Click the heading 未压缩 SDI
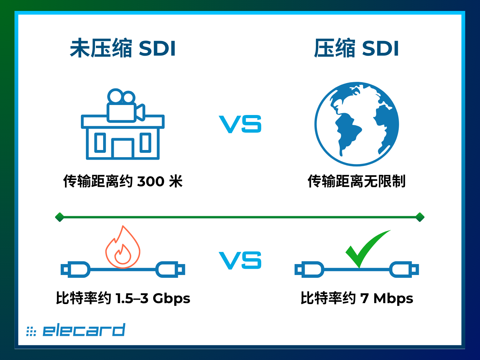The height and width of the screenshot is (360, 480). (x=123, y=48)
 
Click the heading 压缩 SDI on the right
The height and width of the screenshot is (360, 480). (x=357, y=48)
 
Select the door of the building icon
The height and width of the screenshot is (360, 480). (x=123, y=148)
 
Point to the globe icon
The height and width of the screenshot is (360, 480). (x=357, y=124)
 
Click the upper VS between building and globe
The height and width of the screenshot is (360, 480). (x=240, y=124)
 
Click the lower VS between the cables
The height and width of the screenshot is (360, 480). (x=240, y=260)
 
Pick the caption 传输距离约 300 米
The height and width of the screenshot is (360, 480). (x=123, y=181)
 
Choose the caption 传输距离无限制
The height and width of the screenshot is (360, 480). (x=357, y=181)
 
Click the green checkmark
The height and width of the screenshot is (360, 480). (x=368, y=249)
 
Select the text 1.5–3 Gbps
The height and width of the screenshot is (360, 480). (x=153, y=298)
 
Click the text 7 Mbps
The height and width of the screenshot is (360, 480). (x=387, y=298)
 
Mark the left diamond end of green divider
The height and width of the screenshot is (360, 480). (x=59, y=217)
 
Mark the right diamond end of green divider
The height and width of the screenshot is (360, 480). (x=420, y=217)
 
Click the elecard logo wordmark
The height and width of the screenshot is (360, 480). (x=84, y=330)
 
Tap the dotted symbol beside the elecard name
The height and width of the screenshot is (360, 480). (x=31, y=331)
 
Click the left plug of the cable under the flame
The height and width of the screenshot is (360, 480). (x=75, y=269)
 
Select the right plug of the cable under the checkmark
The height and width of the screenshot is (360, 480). (x=404, y=269)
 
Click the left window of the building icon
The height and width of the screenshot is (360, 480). (x=100, y=142)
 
